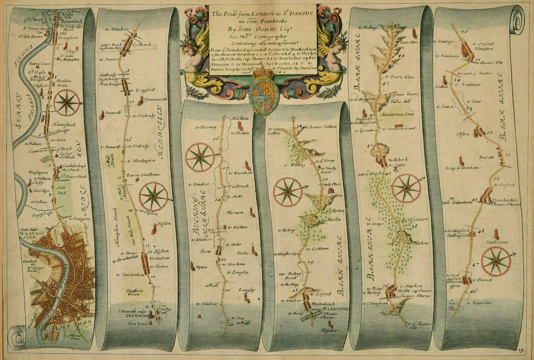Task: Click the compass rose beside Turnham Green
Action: [x=67, y=103]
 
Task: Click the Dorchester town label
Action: [x=504, y=200]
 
